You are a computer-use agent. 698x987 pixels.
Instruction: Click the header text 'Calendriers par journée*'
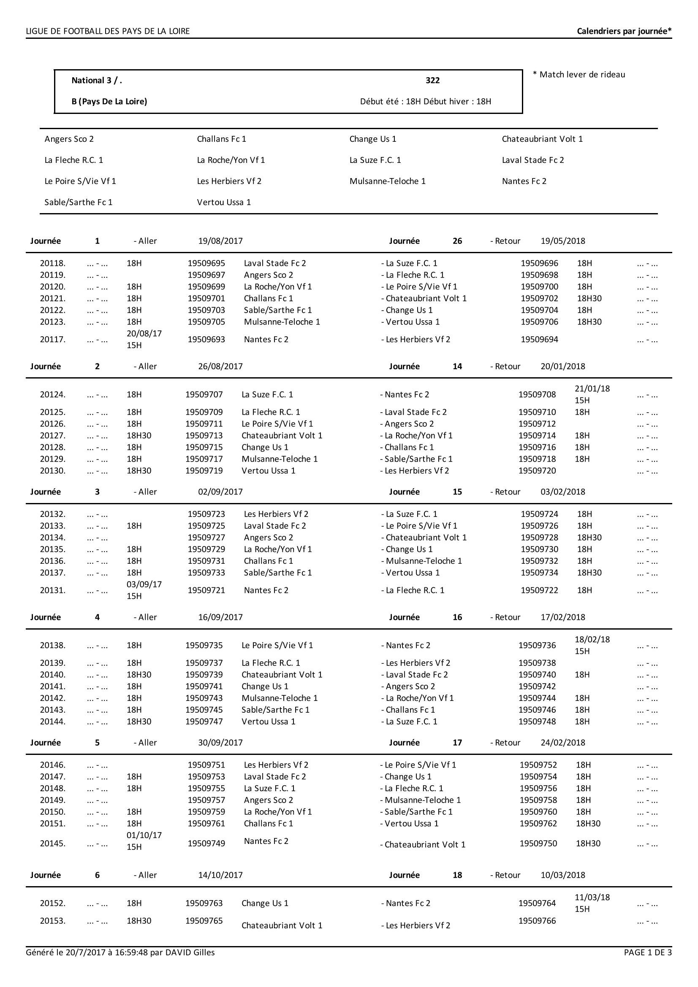[624, 31]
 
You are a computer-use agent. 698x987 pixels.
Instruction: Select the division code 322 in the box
[432, 81]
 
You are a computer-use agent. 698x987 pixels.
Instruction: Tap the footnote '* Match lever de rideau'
[578, 74]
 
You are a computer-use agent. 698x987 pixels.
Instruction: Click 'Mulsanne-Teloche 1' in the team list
[387, 181]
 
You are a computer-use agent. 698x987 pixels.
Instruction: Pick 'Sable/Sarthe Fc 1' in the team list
[78, 202]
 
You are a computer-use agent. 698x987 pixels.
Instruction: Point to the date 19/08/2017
[220, 241]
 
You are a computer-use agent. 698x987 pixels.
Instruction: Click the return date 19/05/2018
[562, 241]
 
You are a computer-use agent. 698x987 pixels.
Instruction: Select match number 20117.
[52, 339]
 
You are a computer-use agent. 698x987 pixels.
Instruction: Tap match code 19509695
[206, 263]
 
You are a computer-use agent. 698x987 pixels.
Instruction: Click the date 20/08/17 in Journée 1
[144, 333]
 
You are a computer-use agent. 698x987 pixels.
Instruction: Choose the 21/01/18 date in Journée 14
[592, 389]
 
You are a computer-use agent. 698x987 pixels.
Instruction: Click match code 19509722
[539, 590]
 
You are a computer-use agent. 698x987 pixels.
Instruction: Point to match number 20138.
[52, 645]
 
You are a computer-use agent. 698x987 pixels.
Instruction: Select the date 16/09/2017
[220, 617]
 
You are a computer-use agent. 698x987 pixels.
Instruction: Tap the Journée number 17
[457, 742]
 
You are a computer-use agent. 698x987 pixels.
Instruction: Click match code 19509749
[206, 843]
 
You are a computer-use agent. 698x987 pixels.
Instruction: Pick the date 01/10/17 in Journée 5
[144, 835]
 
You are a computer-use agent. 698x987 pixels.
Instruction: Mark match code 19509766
[537, 920]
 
